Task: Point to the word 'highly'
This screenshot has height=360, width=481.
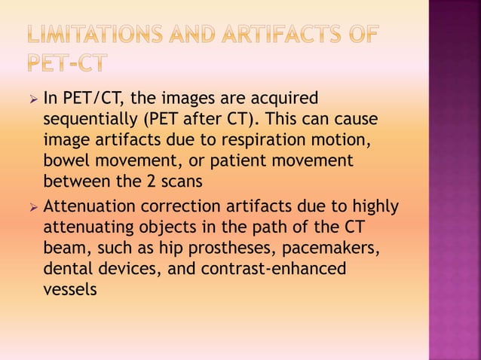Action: tap(373, 206)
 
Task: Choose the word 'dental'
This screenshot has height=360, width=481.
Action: tap(67, 267)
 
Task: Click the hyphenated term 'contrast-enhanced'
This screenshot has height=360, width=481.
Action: tap(274, 267)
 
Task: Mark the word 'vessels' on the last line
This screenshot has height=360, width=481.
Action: tap(70, 288)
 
